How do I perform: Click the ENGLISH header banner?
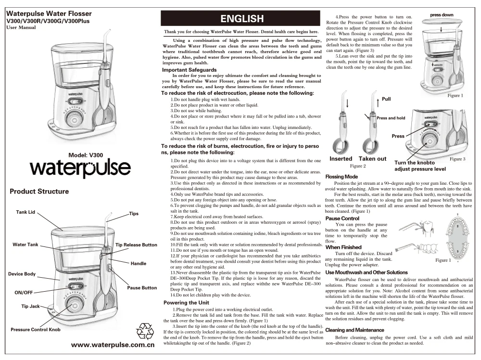(242, 19)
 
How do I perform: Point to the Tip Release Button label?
(136, 245)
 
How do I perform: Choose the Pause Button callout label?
(142, 288)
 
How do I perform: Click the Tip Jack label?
(25, 307)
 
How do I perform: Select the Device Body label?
(22, 274)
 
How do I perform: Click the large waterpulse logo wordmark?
(80, 168)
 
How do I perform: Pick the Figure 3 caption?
(459, 158)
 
